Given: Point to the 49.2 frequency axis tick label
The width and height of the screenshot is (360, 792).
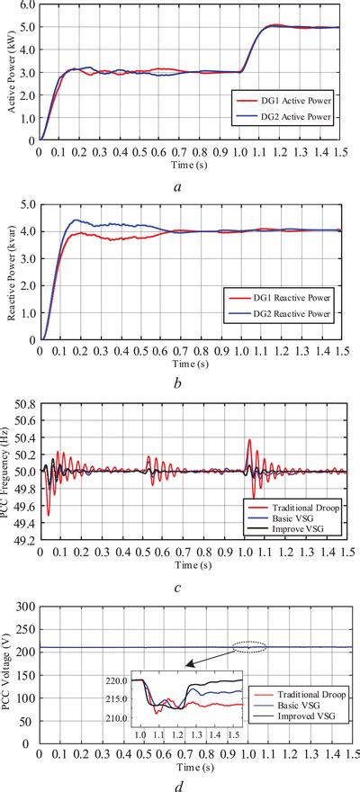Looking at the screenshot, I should point(23,540).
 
